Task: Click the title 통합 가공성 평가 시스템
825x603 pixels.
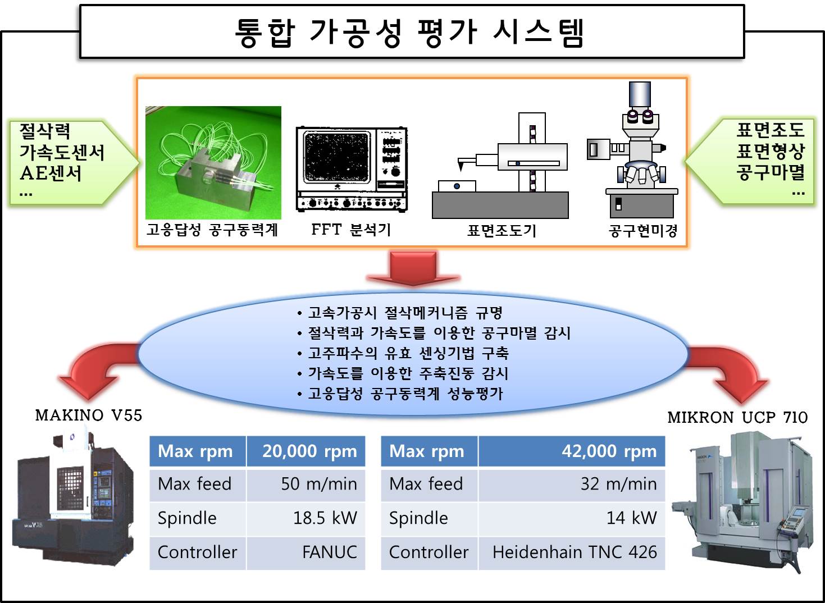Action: pos(411,32)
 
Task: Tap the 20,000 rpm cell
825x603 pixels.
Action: pos(309,451)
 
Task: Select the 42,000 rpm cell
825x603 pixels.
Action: pos(609,451)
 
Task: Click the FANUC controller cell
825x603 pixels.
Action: pos(329,552)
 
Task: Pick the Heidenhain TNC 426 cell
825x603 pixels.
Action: pos(574,552)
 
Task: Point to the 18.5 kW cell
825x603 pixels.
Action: pos(325,518)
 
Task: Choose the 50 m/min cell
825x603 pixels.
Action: pos(318,484)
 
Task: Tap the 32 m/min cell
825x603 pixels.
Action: pos(618,484)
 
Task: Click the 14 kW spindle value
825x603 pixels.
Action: pos(631,518)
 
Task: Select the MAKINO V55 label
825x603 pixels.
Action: pos(89,415)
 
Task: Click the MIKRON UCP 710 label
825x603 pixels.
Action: pos(737,418)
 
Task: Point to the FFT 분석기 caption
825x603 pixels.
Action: pos(351,230)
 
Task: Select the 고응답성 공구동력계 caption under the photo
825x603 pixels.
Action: pos(212,230)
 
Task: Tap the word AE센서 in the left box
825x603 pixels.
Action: pos(51,173)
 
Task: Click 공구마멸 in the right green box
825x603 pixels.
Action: pos(771,172)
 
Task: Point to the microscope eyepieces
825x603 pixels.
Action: pos(640,116)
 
